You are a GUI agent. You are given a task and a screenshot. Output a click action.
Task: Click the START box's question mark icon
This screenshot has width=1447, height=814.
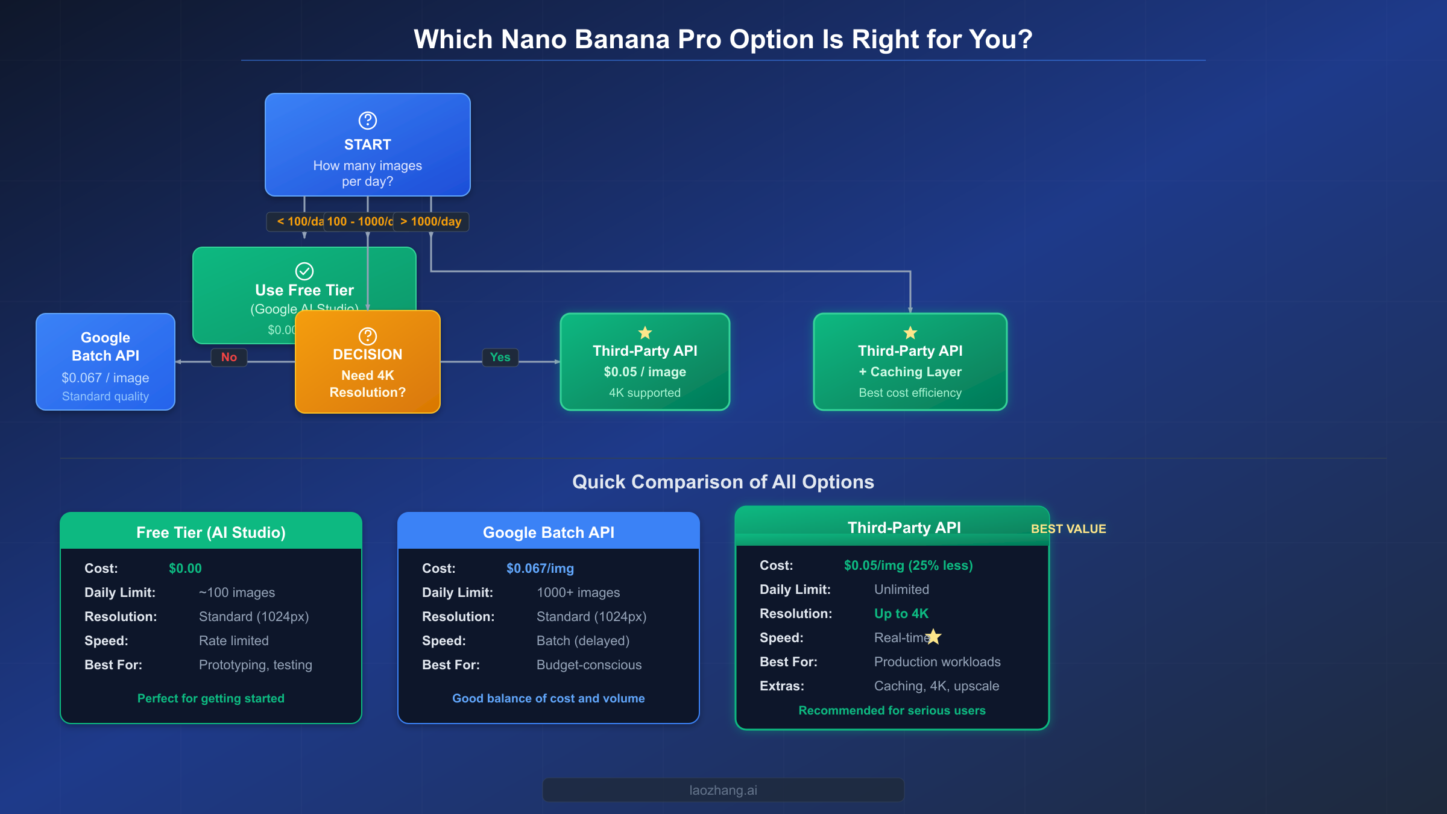(x=368, y=121)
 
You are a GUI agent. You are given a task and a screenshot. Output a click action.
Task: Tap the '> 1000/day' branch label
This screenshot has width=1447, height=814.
(x=431, y=221)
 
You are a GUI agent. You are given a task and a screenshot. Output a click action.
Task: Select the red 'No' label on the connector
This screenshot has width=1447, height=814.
(x=229, y=357)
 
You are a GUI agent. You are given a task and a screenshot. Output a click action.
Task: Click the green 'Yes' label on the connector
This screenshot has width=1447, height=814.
(x=500, y=357)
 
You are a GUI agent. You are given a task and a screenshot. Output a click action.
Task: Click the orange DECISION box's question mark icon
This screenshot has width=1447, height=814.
(x=368, y=336)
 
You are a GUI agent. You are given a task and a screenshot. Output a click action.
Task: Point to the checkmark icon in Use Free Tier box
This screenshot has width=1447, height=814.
(x=304, y=271)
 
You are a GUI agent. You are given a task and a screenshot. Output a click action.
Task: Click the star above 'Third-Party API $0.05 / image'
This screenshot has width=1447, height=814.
(x=645, y=333)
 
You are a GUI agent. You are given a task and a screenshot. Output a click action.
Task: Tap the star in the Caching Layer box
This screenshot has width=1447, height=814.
(x=910, y=333)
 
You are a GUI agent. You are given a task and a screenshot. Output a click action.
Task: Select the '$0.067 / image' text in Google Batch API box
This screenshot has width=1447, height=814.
(x=106, y=378)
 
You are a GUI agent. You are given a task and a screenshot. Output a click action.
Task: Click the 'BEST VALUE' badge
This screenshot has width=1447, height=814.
(x=1068, y=529)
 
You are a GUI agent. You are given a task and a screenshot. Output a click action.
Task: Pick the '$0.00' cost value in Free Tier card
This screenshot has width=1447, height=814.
(x=185, y=569)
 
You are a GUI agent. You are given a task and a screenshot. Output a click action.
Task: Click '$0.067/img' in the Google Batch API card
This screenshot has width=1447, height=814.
(x=540, y=569)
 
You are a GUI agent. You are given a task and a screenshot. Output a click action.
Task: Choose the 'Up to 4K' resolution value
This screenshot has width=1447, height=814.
(x=901, y=614)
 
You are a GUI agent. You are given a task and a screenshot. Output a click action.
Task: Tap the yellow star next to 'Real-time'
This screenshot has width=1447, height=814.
(x=934, y=636)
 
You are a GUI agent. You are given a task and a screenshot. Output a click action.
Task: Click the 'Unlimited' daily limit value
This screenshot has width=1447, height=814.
(x=901, y=590)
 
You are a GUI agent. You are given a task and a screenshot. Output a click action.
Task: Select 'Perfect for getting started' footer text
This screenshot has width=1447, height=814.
(x=211, y=698)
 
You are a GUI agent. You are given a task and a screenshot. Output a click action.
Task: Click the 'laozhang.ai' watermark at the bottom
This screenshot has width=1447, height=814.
(x=723, y=790)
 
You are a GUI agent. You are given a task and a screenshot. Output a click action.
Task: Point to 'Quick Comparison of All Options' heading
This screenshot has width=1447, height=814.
(x=723, y=482)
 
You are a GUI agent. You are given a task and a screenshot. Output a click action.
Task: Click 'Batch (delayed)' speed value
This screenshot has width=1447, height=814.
(x=583, y=641)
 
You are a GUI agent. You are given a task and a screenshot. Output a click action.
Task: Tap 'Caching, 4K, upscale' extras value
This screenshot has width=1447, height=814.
(x=936, y=686)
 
